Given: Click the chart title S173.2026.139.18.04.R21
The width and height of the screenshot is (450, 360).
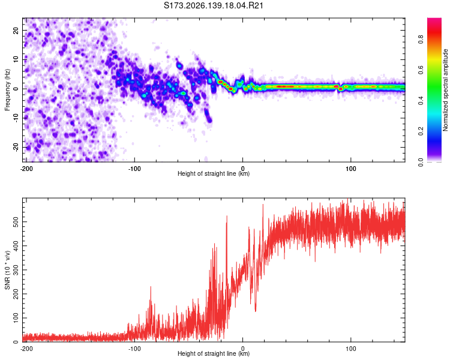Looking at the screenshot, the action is click(214, 5).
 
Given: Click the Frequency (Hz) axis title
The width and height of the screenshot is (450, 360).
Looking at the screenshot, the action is click(7, 90).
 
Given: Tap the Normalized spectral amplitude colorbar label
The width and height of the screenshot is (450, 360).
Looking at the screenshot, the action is click(445, 90).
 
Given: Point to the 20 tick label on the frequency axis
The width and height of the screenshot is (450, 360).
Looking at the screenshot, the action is click(16, 30).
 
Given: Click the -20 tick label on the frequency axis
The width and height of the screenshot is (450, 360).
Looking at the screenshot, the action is click(16, 147).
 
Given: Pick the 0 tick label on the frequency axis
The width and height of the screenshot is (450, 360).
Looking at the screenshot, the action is click(16, 89).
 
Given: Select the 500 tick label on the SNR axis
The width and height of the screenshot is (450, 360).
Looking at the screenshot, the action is click(16, 221).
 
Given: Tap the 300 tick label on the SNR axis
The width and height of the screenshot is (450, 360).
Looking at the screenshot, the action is click(16, 270).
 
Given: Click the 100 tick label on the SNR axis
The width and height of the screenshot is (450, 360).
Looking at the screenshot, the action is click(16, 318).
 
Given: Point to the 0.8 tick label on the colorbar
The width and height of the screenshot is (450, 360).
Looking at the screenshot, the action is click(421, 39).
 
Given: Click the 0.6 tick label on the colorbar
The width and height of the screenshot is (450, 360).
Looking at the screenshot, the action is click(421, 70).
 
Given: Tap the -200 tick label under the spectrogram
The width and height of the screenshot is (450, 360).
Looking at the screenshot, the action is click(26, 169).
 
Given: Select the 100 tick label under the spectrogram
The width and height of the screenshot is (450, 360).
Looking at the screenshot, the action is click(351, 169).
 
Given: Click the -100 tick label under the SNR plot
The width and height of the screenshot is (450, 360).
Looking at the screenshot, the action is click(134, 349).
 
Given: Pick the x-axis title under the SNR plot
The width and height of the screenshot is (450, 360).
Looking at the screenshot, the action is click(214, 353).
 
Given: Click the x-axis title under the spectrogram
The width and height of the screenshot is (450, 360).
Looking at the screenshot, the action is click(214, 173).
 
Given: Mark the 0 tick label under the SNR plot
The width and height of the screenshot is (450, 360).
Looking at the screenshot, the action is click(243, 349).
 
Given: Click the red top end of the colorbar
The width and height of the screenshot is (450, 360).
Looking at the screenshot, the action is click(434, 19).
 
